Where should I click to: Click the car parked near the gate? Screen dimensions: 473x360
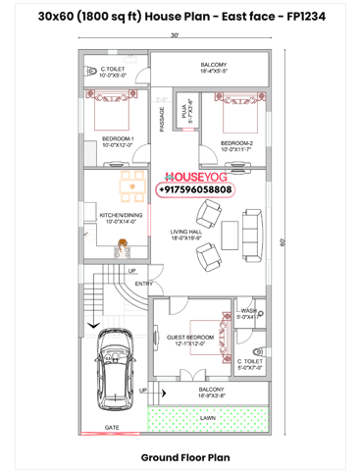(116, 376)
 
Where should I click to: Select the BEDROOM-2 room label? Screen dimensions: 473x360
(236, 143)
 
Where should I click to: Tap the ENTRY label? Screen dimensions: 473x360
(145, 284)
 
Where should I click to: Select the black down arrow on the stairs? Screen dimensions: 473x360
(91, 322)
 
